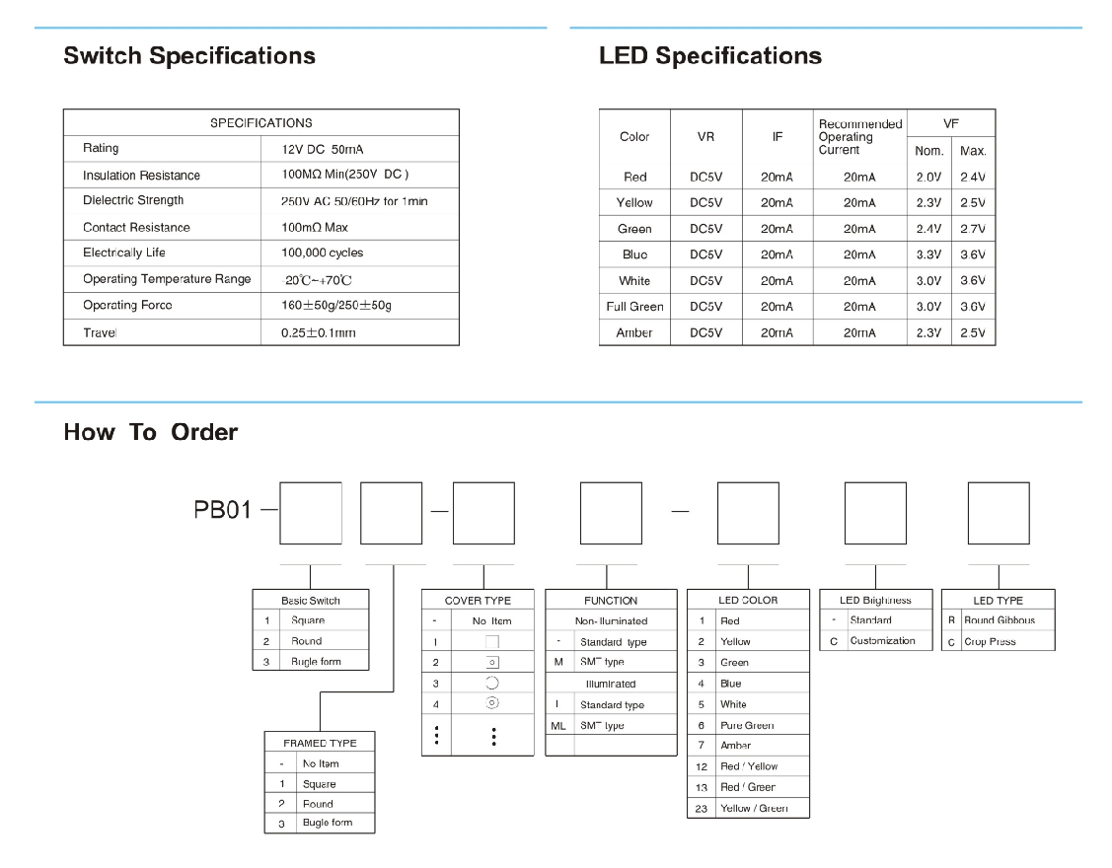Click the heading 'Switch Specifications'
189,56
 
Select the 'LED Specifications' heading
710,56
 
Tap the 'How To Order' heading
150,432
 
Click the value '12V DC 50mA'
323,150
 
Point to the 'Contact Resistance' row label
136,227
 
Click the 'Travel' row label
100,332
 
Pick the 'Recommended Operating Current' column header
859,137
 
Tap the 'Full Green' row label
634,307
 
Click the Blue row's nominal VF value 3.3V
928,254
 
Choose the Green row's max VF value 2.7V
973,229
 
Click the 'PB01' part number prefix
223,511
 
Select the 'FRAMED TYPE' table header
320,743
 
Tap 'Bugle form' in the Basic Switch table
316,662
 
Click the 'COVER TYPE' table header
479,601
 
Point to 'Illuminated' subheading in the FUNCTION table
611,684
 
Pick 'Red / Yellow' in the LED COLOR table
749,766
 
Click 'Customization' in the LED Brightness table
882,641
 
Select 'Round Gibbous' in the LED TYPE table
1000,620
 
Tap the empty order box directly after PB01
311,513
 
